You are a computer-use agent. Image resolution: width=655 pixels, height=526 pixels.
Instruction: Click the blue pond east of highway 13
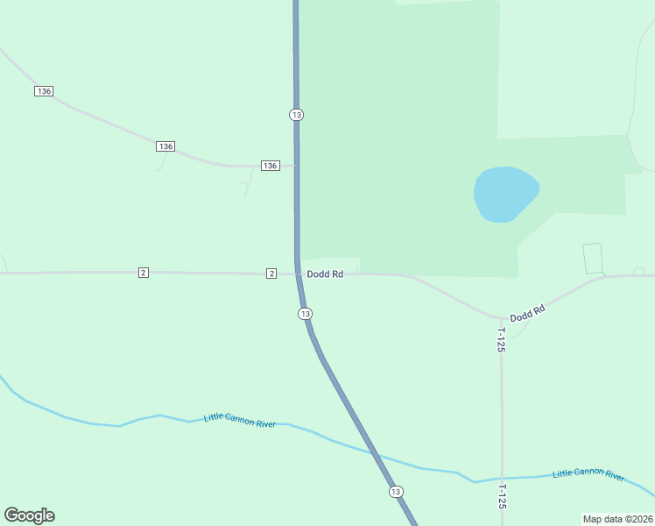pos(504,194)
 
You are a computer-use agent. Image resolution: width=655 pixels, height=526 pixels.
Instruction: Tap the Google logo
pos(29,515)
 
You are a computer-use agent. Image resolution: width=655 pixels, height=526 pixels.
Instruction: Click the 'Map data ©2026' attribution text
pos(617,518)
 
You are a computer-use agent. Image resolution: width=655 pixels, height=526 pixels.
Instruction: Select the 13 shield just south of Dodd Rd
pos(305,314)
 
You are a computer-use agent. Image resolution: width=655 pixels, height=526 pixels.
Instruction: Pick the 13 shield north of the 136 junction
pos(296,115)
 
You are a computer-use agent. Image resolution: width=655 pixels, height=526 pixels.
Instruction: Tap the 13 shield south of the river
pos(396,492)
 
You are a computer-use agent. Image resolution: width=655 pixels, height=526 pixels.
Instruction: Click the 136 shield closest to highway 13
pos(270,166)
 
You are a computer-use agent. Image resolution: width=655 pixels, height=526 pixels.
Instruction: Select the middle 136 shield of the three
pos(166,146)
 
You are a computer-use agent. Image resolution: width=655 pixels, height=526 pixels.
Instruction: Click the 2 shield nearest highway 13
pos(271,274)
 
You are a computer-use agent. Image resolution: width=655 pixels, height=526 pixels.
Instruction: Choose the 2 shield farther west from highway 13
pos(143,273)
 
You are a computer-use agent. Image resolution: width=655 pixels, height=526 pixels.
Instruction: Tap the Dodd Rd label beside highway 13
pos(325,274)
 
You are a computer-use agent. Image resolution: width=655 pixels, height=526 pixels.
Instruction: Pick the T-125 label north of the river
pos(501,339)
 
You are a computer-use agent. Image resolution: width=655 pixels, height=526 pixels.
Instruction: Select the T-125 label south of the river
pos(502,496)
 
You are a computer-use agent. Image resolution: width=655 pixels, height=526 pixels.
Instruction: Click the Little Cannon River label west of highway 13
pos(239,421)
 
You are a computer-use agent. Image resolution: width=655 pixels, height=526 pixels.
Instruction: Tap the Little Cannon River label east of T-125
pos(588,474)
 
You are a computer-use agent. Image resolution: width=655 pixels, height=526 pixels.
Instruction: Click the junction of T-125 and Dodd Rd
pos(502,318)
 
